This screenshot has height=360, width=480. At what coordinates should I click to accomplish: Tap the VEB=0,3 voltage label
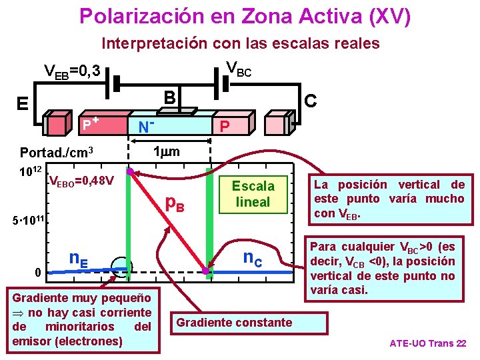point(71,71)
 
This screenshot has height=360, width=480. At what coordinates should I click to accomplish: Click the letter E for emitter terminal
point(22,103)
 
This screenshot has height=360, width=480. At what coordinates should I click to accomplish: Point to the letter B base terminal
point(171,97)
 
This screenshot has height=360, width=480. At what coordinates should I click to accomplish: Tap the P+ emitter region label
point(90,123)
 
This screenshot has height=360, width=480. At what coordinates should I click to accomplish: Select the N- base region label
point(146,125)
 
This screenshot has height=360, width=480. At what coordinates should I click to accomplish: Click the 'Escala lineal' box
point(253,193)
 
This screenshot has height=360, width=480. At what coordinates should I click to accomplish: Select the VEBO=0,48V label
point(81,180)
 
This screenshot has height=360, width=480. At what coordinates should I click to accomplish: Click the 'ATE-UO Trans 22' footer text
point(427,344)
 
